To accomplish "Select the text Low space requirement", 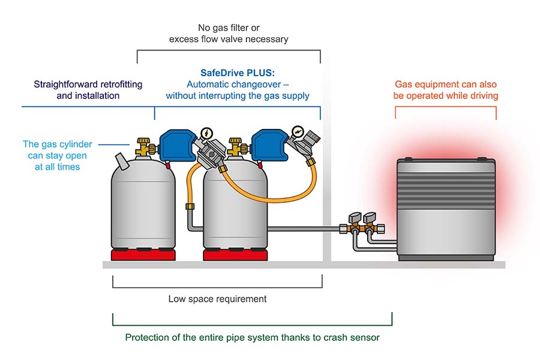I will pyautogui.click(x=217, y=299).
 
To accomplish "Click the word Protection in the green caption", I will pyautogui.click(x=146, y=337).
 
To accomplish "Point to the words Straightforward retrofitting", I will pyautogui.click(x=88, y=85).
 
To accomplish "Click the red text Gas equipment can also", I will pyautogui.click(x=446, y=85).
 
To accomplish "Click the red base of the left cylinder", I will pyautogui.click(x=143, y=254).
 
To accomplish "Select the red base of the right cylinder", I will pyautogui.click(x=235, y=254).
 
